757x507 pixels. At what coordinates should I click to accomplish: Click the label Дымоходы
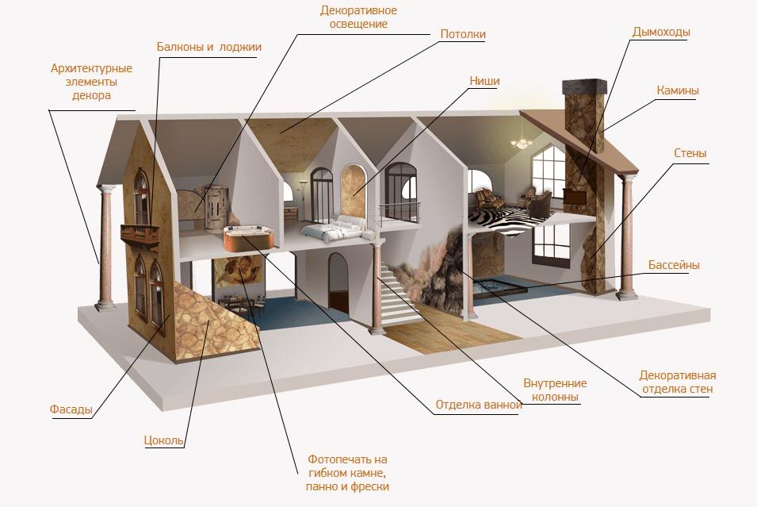pyautogui.click(x=661, y=32)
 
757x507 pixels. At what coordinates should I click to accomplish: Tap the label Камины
pyautogui.click(x=678, y=90)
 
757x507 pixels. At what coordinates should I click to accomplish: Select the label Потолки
pyautogui.click(x=462, y=34)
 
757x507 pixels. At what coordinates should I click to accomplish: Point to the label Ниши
pyautogui.click(x=484, y=81)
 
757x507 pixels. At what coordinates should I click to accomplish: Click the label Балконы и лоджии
pyautogui.click(x=208, y=47)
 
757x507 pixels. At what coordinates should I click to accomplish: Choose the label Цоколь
pyautogui.click(x=163, y=440)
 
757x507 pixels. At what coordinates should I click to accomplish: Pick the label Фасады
pyautogui.click(x=71, y=409)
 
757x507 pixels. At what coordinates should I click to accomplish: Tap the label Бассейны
pyautogui.click(x=674, y=265)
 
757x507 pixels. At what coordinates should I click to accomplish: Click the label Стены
pyautogui.click(x=690, y=153)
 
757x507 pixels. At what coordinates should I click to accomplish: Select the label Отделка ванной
pyautogui.click(x=479, y=405)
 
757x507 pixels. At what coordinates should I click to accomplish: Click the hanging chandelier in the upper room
pyautogui.click(x=521, y=141)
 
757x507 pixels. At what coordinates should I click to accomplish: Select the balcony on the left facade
pyautogui.click(x=140, y=236)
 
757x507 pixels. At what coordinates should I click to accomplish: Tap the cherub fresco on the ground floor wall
pyautogui.click(x=239, y=272)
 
